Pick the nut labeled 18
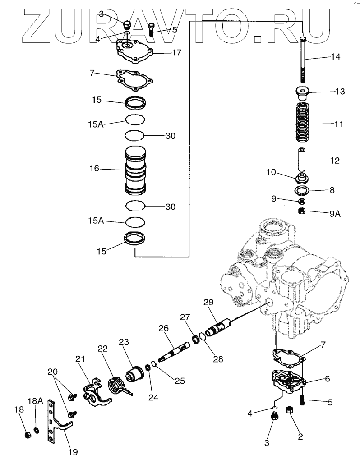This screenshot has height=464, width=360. (x=28, y=435)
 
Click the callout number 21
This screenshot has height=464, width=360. (x=80, y=359)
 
